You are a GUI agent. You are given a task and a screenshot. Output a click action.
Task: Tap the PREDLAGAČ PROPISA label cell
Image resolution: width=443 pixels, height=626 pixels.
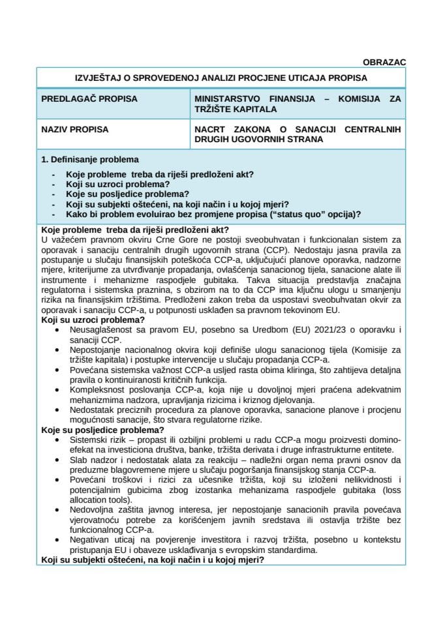coord(89,99)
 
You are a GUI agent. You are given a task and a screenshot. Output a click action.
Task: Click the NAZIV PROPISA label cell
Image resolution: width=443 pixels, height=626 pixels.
coord(75,130)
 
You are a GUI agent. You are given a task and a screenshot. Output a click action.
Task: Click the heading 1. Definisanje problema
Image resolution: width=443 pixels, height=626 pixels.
coord(89,160)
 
